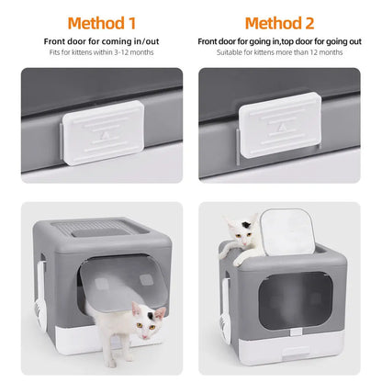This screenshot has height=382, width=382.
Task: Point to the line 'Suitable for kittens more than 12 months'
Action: pyautogui.click(x=281, y=52)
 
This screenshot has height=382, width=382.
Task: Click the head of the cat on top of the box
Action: pyautogui.click(x=240, y=227)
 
